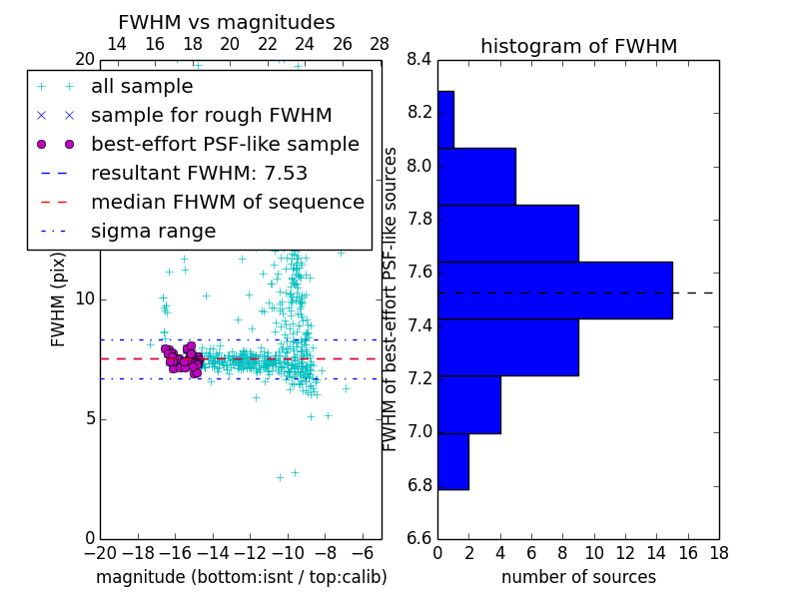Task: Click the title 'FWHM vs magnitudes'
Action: pyautogui.click(x=227, y=22)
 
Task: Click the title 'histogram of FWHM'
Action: pyautogui.click(x=578, y=46)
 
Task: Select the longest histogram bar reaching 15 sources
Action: pyautogui.click(x=554, y=290)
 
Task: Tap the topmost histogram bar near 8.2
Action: pyautogui.click(x=445, y=120)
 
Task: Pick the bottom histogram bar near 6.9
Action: pyautogui.click(x=452, y=461)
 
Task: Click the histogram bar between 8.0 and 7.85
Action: pyautogui.click(x=476, y=176)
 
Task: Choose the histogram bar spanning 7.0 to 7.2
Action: pyautogui.click(x=468, y=404)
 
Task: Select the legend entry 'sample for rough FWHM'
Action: pyautogui.click(x=211, y=115)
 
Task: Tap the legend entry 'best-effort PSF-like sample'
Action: pyautogui.click(x=225, y=144)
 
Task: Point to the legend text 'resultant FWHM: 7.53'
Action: pyautogui.click(x=199, y=173)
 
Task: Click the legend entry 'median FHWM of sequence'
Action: pyautogui.click(x=227, y=202)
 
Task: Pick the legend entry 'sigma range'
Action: pyautogui.click(x=153, y=231)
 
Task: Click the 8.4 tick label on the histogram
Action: pyautogui.click(x=419, y=59)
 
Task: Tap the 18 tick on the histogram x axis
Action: pyautogui.click(x=717, y=553)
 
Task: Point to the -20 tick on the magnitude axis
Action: pyautogui.click(x=100, y=553)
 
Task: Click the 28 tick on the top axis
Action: pyautogui.click(x=380, y=44)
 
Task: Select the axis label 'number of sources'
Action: pyautogui.click(x=578, y=577)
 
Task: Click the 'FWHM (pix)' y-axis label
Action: pyautogui.click(x=59, y=298)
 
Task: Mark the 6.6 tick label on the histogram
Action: pyautogui.click(x=419, y=538)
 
